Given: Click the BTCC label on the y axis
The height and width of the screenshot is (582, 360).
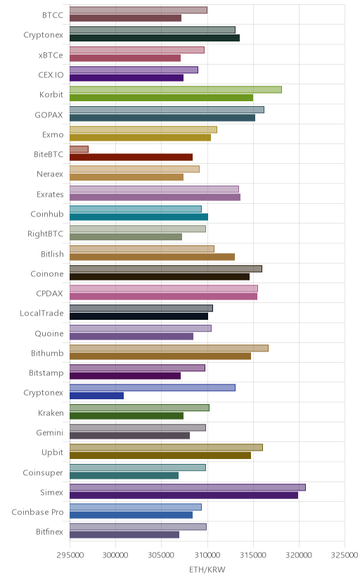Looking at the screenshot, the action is [53, 15].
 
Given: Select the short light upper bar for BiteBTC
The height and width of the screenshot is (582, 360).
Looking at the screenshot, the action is [79, 149].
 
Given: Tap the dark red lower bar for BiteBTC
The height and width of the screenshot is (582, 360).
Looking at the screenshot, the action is [131, 157].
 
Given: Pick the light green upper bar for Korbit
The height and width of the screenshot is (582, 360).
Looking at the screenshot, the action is [176, 89].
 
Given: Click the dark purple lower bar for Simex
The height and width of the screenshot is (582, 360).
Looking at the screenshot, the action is [184, 495].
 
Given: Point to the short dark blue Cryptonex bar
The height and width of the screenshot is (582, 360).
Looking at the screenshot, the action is [96, 396].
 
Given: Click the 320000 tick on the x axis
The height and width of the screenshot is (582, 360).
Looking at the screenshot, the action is [299, 555].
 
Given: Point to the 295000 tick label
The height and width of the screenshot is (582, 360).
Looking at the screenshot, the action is [70, 555].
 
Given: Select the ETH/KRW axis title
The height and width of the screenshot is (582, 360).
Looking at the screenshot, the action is [207, 570].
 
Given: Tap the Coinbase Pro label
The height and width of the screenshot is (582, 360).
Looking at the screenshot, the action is [37, 512].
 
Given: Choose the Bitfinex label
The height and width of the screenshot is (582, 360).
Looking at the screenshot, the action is [50, 532].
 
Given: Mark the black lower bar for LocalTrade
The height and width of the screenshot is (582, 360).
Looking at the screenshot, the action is [139, 316].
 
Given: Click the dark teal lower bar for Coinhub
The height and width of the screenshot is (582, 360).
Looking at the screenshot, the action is [139, 216].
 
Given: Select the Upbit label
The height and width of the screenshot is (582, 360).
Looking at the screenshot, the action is [52, 453].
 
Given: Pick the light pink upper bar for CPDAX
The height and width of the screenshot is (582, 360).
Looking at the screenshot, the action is [164, 288].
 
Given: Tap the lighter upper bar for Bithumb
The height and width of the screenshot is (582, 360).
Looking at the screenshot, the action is [169, 348].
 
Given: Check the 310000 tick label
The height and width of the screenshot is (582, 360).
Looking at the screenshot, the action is [207, 555].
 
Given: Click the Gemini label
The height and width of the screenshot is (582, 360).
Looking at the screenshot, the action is [50, 433].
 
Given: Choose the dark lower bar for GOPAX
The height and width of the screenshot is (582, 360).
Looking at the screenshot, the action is [162, 117].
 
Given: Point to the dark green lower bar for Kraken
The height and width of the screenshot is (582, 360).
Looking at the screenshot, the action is [127, 415].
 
